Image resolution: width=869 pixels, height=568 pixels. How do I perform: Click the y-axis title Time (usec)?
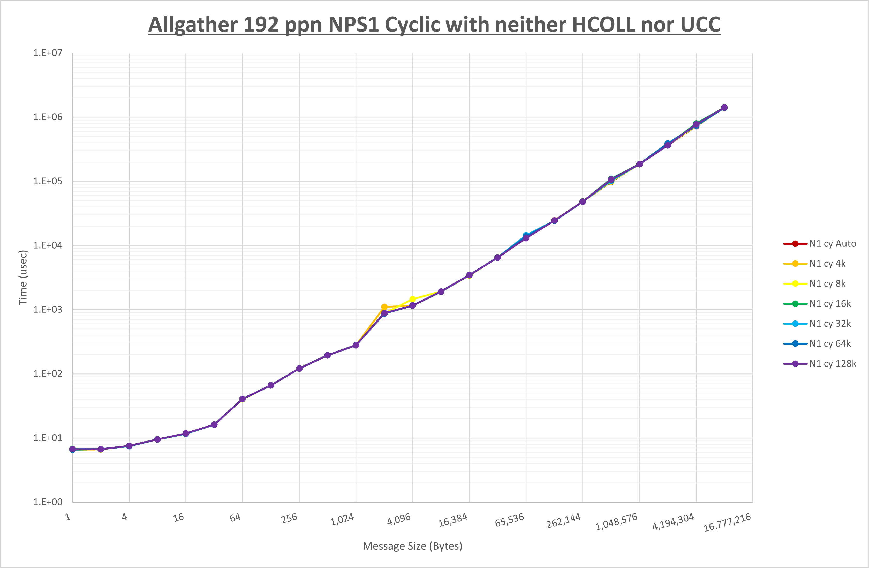pos(23,278)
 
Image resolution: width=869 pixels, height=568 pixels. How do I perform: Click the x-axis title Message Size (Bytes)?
pos(412,546)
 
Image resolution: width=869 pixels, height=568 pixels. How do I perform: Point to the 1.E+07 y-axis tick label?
pos(48,53)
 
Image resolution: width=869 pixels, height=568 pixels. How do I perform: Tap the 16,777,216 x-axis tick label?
pos(727,522)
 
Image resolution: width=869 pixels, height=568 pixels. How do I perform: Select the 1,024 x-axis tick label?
pos(342,519)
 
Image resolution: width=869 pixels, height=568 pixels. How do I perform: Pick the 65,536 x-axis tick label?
pos(509,520)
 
